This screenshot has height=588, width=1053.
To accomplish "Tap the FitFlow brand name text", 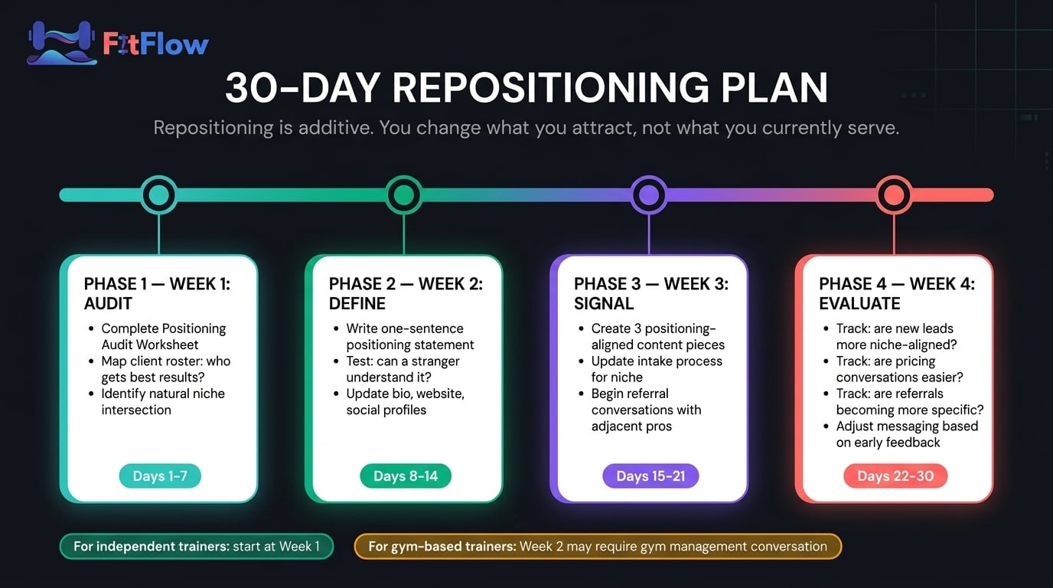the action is [x=155, y=44].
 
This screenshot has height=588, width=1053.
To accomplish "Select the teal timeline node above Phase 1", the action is [x=159, y=194].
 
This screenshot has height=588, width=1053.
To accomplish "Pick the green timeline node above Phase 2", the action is [x=404, y=194].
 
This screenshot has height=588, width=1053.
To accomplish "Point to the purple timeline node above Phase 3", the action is [x=649, y=194].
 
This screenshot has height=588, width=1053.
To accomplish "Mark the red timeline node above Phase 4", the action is [x=894, y=194].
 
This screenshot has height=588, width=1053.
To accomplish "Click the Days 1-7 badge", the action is [x=160, y=476].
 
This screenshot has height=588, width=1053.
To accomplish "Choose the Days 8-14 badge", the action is [x=406, y=476].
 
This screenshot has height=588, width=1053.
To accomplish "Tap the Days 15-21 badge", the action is [x=650, y=476].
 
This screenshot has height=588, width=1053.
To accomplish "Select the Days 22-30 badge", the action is [x=895, y=476].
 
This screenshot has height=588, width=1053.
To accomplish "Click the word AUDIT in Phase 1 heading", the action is [x=108, y=304].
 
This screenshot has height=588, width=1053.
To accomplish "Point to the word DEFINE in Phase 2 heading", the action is [x=357, y=304].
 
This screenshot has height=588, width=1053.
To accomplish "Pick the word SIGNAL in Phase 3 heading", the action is [x=604, y=304].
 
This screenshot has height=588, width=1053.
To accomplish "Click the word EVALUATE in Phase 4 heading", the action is [x=860, y=304].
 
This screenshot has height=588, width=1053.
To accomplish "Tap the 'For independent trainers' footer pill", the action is [x=197, y=546].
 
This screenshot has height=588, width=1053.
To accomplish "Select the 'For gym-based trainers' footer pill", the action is [x=598, y=546].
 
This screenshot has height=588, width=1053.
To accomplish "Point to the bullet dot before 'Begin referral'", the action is [x=582, y=394].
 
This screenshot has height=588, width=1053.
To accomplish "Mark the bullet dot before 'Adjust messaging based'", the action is [x=826, y=426].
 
